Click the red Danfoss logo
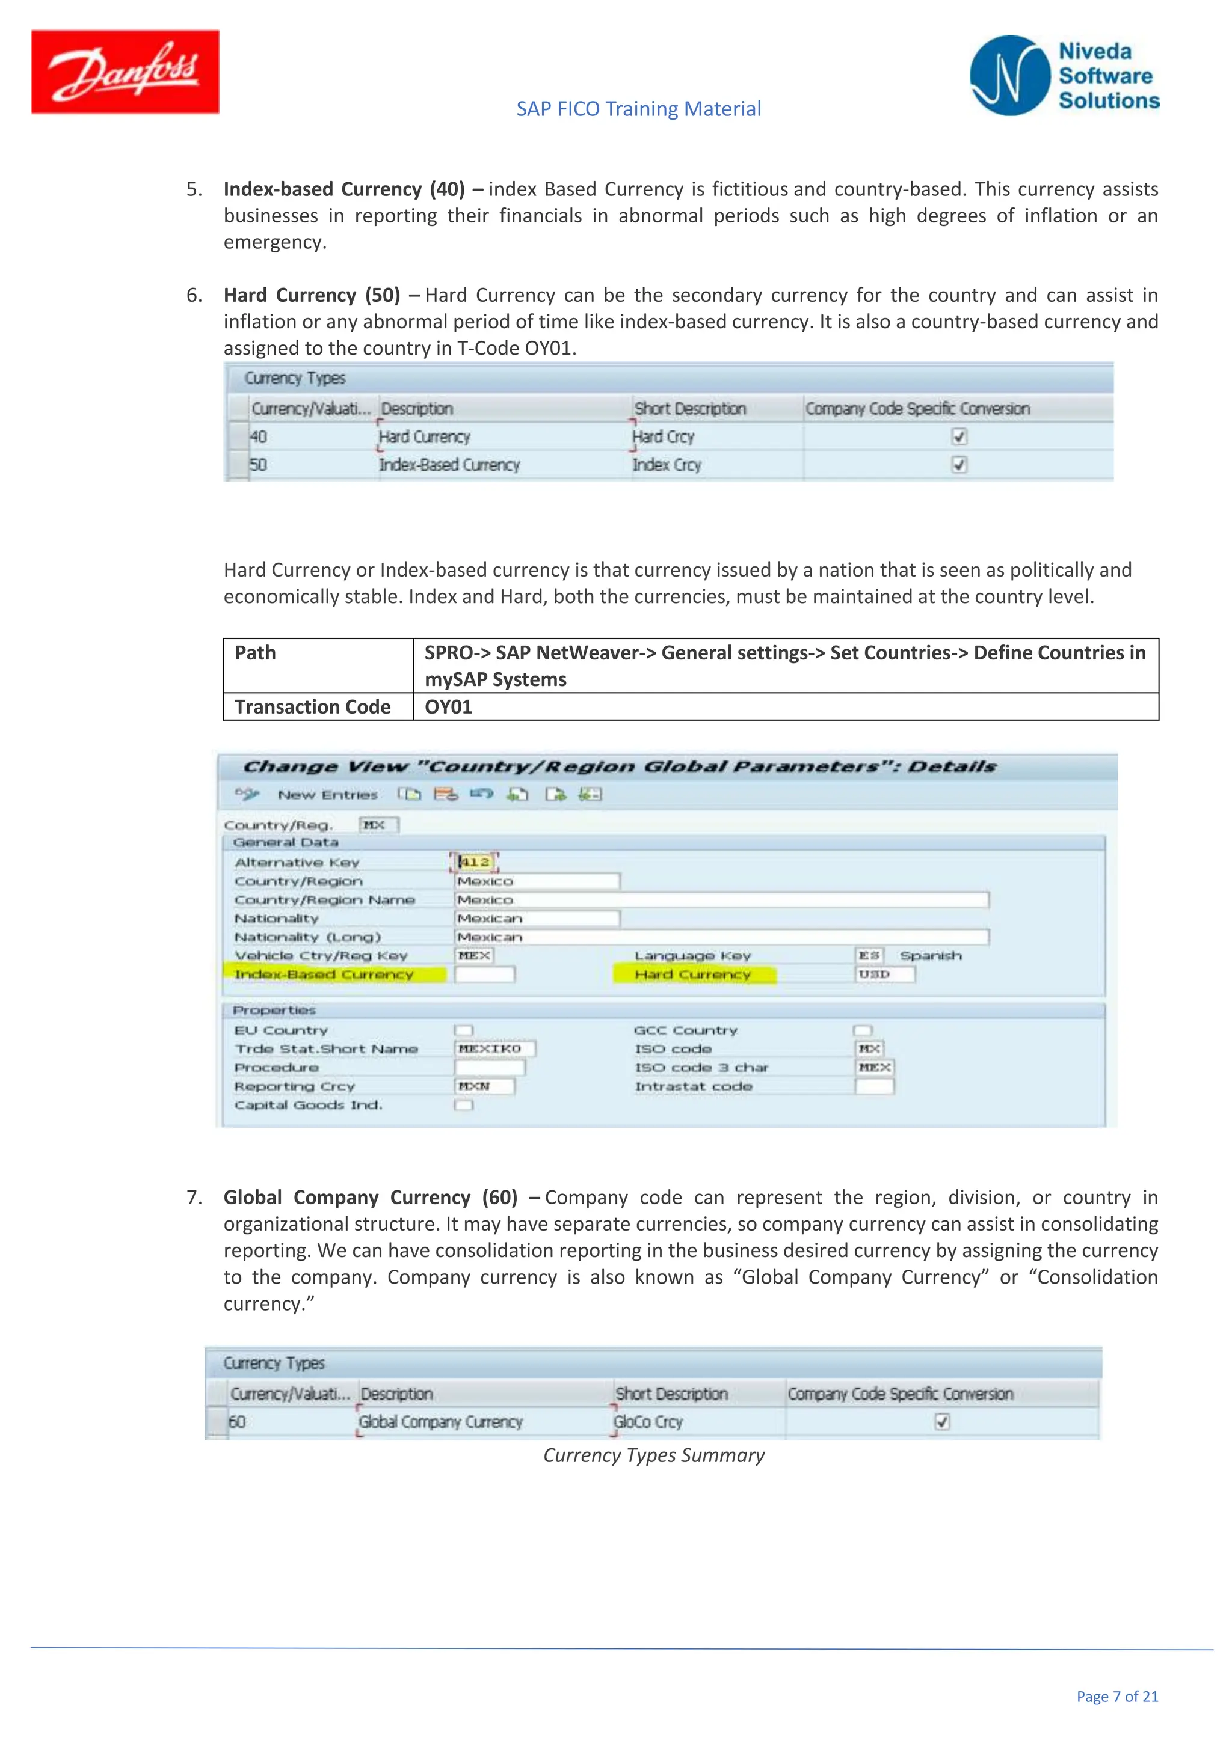pyautogui.click(x=125, y=72)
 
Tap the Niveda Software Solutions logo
pyautogui.click(x=1064, y=76)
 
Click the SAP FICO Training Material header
pyautogui.click(x=638, y=109)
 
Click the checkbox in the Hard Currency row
pyautogui.click(x=959, y=437)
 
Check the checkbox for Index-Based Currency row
pyautogui.click(x=959, y=465)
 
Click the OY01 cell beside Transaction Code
pyautogui.click(x=448, y=707)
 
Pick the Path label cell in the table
pyautogui.click(x=256, y=653)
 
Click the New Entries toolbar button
pyautogui.click(x=327, y=795)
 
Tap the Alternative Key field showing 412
pyautogui.click(x=475, y=862)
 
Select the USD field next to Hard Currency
pyautogui.click(x=884, y=975)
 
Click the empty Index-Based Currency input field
pyautogui.click(x=485, y=975)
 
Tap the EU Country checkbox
pyautogui.click(x=464, y=1030)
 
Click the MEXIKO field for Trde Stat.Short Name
pyautogui.click(x=495, y=1048)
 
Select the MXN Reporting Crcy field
pyautogui.click(x=484, y=1086)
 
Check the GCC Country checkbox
pyautogui.click(x=862, y=1030)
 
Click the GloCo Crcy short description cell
pyautogui.click(x=648, y=1422)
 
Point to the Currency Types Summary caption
pyautogui.click(x=653, y=1455)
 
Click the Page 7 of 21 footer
pyautogui.click(x=1116, y=1697)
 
